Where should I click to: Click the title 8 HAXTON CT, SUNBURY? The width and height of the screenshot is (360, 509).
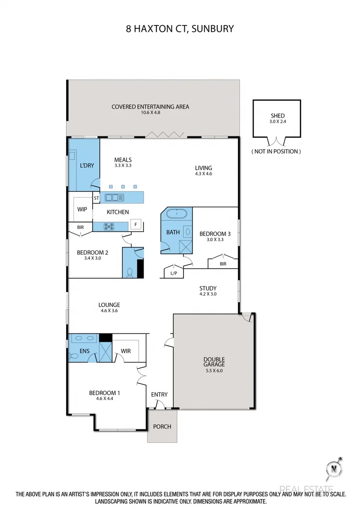tap(180, 29)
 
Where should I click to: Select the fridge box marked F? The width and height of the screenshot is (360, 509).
tap(136, 224)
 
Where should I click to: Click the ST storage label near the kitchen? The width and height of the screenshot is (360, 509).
tap(96, 198)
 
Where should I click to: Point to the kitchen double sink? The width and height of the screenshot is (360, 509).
tap(115, 197)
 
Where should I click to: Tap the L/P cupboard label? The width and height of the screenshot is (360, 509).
tap(173, 274)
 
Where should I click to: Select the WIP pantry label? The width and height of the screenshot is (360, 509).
tap(82, 209)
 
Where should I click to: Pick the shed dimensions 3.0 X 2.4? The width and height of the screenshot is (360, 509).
tap(277, 122)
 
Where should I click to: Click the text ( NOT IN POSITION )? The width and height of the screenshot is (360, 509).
tap(276, 151)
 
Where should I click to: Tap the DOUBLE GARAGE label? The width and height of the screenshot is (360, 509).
tap(214, 362)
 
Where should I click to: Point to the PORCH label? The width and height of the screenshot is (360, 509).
tap(162, 426)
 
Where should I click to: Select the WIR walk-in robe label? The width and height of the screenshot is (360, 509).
tap(126, 351)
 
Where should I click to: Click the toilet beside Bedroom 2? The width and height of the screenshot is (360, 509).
tap(129, 272)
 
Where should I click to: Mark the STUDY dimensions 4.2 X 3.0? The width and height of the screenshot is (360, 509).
tap(208, 294)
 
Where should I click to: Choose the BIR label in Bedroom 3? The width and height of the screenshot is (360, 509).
tap(223, 264)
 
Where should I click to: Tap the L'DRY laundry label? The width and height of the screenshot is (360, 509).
tap(86, 166)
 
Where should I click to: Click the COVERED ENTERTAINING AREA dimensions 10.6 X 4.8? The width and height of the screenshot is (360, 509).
tap(150, 113)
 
